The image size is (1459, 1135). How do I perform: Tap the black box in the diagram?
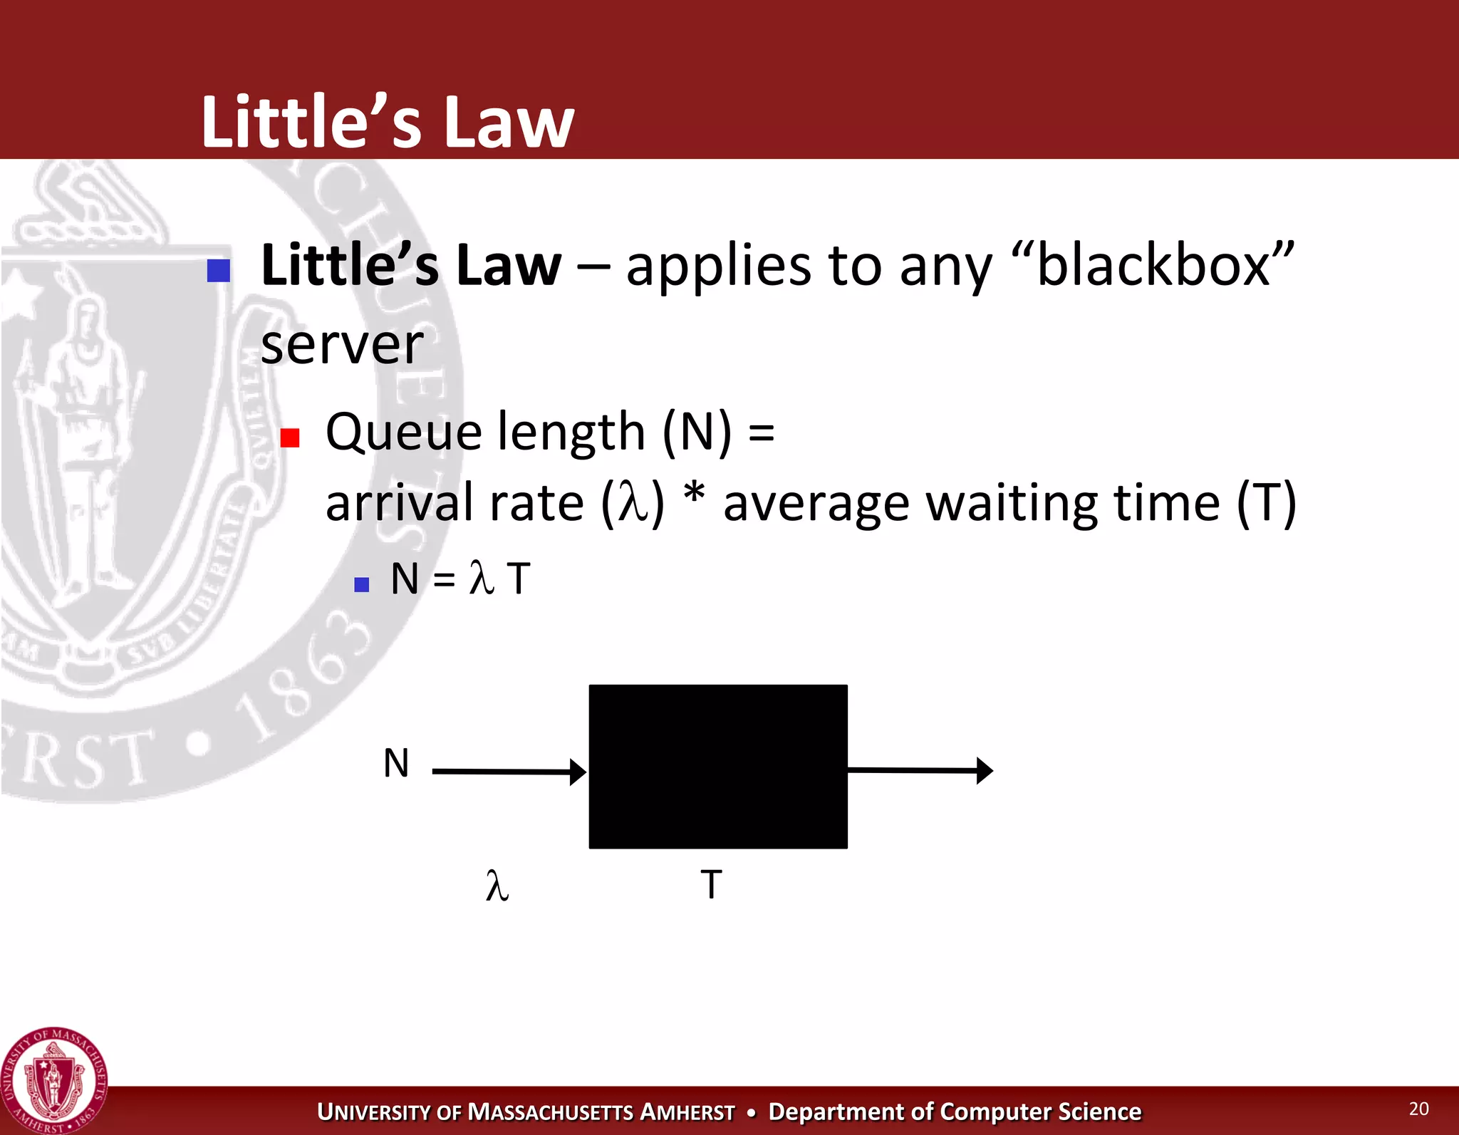(718, 766)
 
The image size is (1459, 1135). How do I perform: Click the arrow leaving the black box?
(920, 770)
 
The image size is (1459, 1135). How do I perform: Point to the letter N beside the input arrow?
(396, 763)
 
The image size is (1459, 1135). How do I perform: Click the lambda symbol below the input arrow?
(497, 886)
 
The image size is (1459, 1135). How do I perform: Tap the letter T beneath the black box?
(711, 884)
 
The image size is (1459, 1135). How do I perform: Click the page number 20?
(1418, 1109)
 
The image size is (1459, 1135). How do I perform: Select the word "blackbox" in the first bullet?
(1153, 265)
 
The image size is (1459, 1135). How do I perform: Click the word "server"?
(342, 345)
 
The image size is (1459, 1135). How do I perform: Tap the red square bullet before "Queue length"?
(290, 437)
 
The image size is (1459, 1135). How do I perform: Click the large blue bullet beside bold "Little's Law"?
(219, 271)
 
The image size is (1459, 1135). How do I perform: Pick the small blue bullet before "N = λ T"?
(362, 585)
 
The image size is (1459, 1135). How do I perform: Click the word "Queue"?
(404, 432)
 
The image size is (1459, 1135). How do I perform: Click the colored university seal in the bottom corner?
(54, 1080)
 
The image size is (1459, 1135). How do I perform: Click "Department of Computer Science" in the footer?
(955, 1111)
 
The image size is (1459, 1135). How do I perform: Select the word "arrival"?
(399, 503)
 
